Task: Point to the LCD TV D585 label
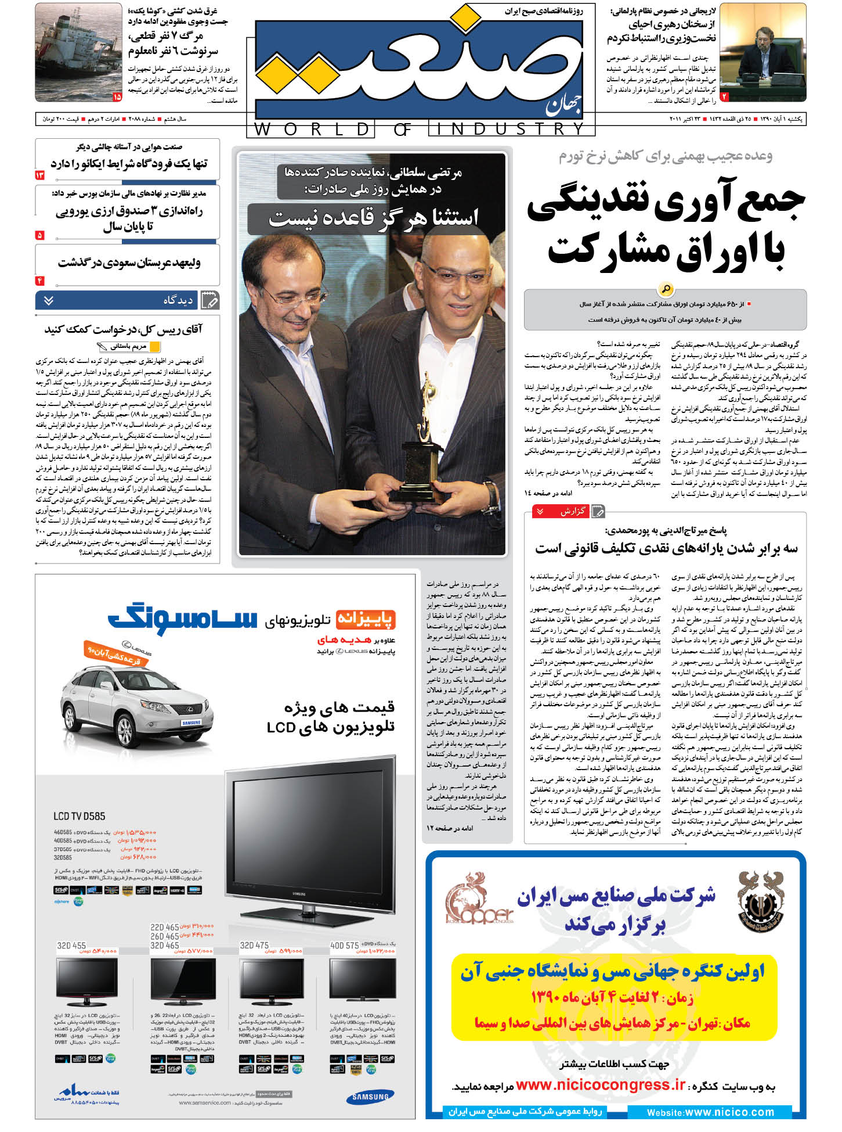[79, 816]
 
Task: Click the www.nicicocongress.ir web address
[600, 1085]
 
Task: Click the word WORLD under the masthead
[310, 129]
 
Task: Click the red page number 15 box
[117, 97]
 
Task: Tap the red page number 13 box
[40, 175]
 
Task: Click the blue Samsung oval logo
[370, 1097]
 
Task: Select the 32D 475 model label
[254, 946]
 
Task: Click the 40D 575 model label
[345, 946]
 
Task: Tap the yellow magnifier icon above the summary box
[665, 289]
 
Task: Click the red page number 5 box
[40, 235]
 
